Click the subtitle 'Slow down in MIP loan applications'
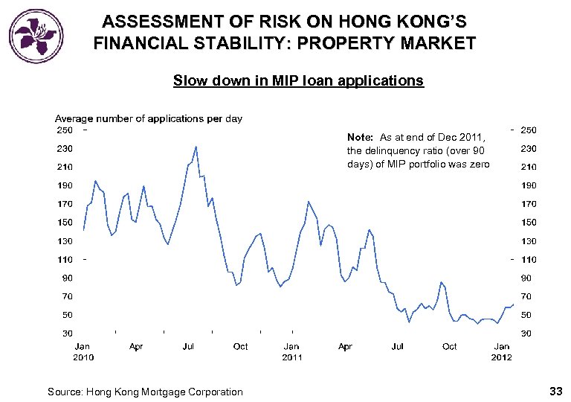tap(298, 80)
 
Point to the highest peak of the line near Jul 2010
tap(196, 147)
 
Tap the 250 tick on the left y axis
tap(65, 130)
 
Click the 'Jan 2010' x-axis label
tap(83, 351)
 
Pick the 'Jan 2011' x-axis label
tap(291, 351)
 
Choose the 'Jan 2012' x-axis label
tap(502, 351)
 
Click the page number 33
tap(555, 391)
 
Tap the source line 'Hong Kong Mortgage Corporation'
tap(164, 392)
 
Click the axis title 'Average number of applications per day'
tap(149, 118)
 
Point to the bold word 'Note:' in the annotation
tap(360, 138)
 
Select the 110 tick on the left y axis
tap(65, 259)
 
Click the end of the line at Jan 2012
tap(513, 304)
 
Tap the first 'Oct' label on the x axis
tap(240, 346)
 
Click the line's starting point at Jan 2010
tap(83, 229)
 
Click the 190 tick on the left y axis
tap(65, 185)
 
